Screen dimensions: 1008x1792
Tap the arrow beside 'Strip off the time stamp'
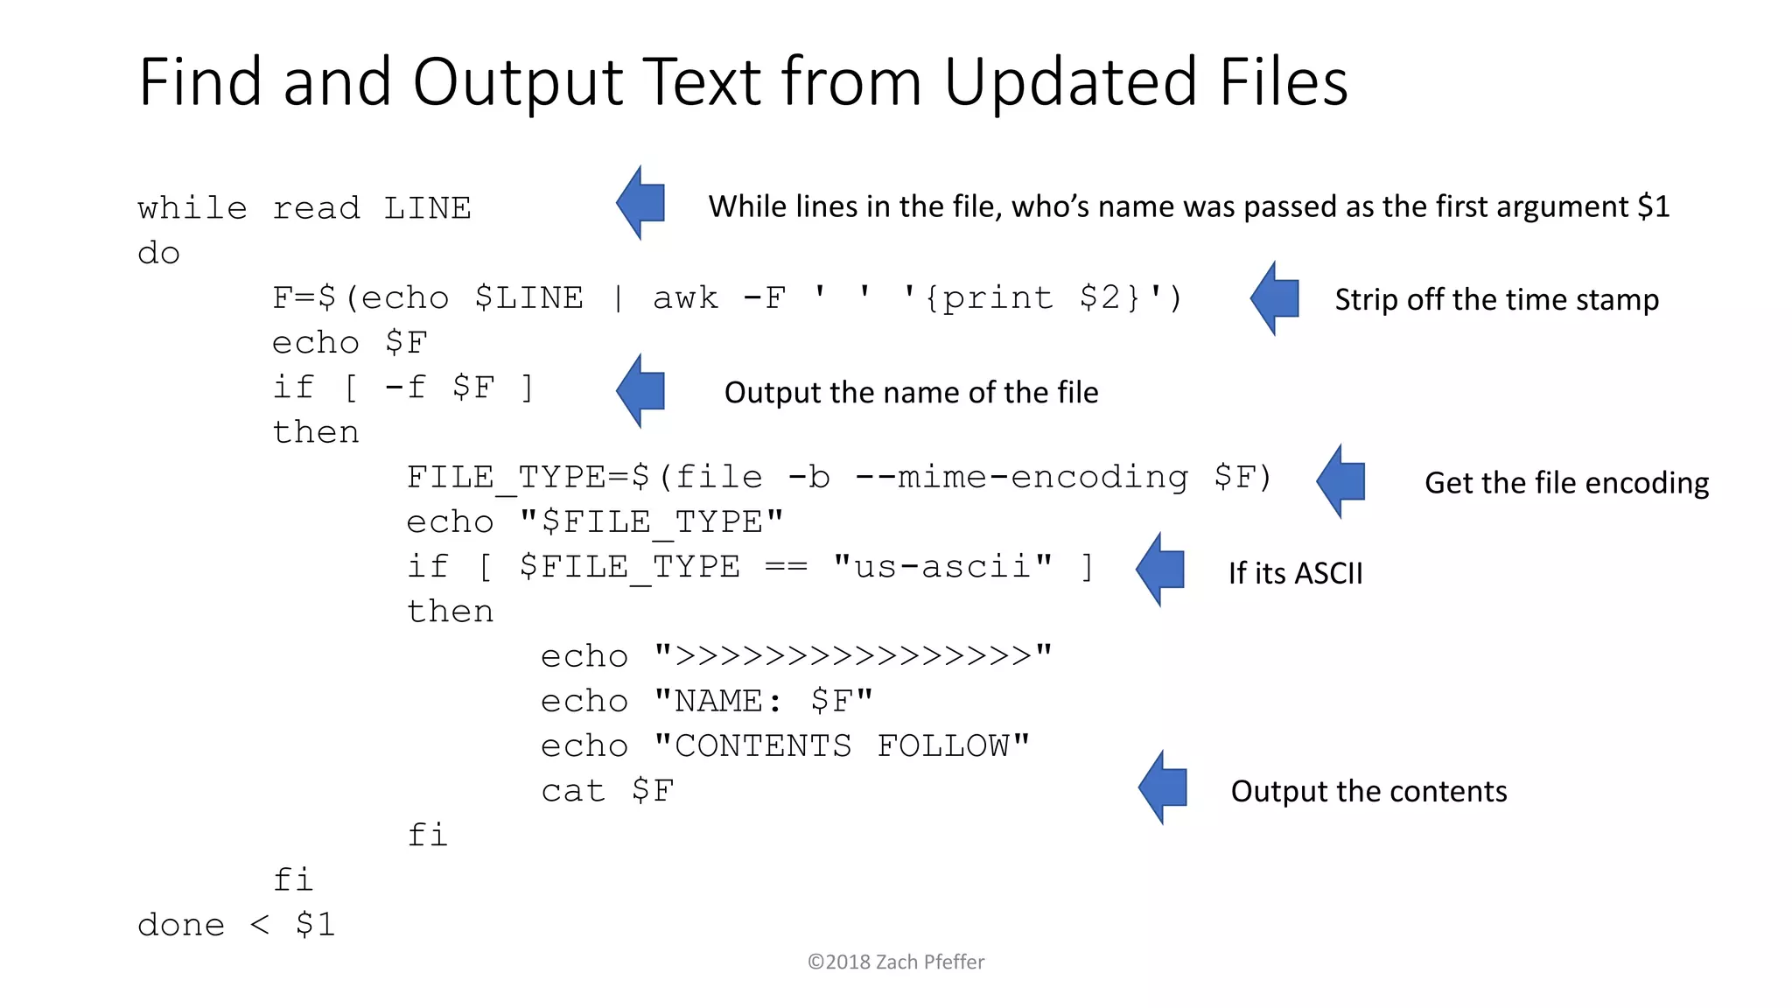[x=1275, y=298]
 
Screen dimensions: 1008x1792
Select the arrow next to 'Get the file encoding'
[x=1341, y=481]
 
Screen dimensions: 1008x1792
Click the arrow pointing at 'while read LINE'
[x=640, y=203]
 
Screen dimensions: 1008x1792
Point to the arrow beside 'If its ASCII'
[x=1160, y=570]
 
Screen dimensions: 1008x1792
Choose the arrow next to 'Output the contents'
[x=1163, y=787]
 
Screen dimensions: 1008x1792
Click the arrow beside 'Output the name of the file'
[x=640, y=391]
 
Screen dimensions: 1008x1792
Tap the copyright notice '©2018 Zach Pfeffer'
[x=896, y=962]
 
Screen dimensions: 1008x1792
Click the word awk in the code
[x=685, y=298]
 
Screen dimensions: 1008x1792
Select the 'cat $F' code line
[x=607, y=791]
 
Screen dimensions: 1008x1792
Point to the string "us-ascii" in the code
[x=942, y=567]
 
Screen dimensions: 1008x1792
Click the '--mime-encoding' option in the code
[x=1021, y=478]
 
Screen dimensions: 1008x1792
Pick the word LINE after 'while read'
[x=427, y=209]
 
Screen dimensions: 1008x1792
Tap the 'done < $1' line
[x=236, y=925]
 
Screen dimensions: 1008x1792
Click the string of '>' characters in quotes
[x=853, y=656]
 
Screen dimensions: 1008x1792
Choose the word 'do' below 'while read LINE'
[x=158, y=254]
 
